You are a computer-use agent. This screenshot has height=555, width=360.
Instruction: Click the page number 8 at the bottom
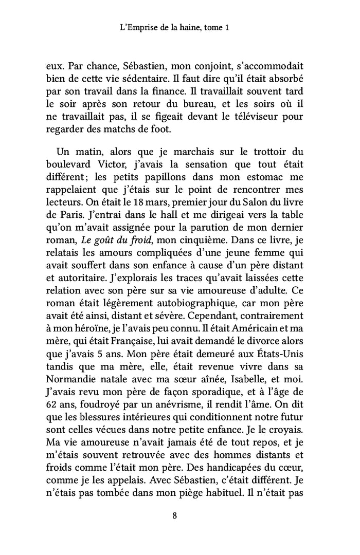(x=175, y=517)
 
